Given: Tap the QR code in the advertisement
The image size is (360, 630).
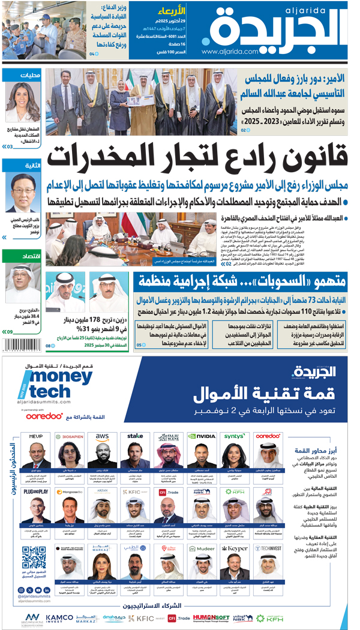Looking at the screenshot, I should point(34,557).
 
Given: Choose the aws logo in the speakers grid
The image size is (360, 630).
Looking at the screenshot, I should point(102,436).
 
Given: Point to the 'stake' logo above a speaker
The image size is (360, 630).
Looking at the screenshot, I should point(135,436).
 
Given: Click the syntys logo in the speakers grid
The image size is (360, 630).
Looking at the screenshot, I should point(234,436).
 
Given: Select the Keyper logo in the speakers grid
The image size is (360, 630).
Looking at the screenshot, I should point(234,548).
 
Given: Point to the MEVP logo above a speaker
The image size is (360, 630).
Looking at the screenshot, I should point(36,436).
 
